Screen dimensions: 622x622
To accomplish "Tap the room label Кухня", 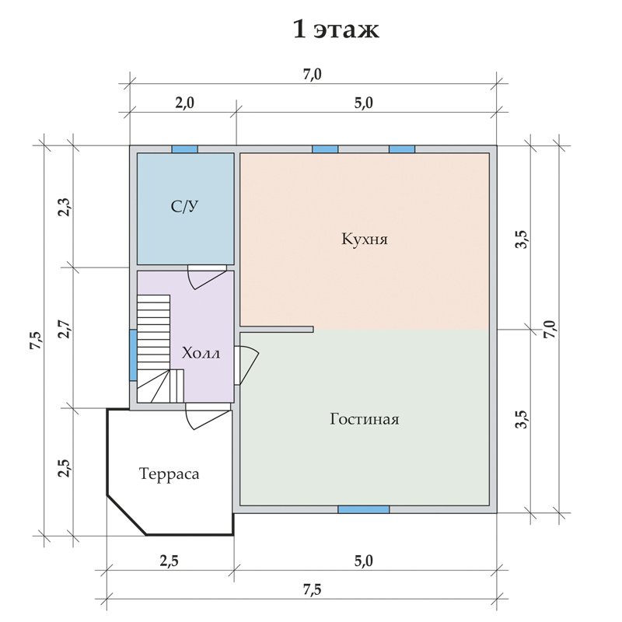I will point(364,239).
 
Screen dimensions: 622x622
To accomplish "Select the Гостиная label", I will point(364,419).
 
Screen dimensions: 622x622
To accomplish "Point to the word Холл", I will point(201,354).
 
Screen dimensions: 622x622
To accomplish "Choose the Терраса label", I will point(169,473).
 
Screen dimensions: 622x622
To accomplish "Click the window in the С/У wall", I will point(184,149).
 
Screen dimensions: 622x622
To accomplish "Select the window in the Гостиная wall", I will point(363,510).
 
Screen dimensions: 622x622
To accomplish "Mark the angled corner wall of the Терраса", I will point(126,514).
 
